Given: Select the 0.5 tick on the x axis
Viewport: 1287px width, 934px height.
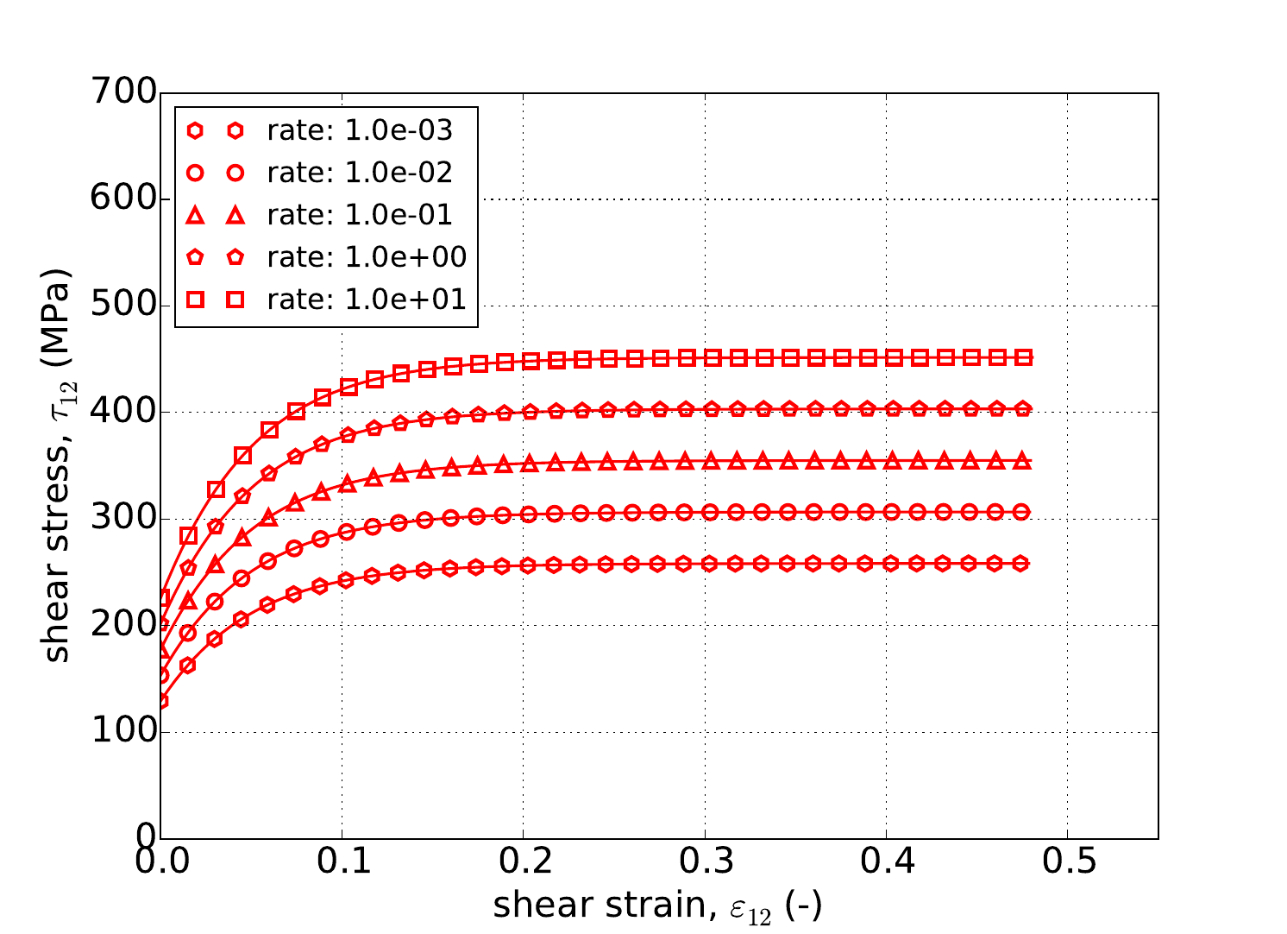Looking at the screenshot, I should pos(1067,861).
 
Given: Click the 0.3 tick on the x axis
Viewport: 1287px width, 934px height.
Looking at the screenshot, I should pos(705,861).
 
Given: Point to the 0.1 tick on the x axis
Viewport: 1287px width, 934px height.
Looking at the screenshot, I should pos(342,861).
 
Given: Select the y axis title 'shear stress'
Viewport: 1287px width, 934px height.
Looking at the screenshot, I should pos(57,466).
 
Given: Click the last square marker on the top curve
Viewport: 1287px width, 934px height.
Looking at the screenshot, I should pos(1024,357).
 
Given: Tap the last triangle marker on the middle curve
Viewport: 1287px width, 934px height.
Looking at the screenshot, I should pos(1024,462).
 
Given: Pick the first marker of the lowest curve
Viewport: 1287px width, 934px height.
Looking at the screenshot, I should pos(161,701).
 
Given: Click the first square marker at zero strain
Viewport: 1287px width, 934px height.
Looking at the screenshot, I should pos(161,597).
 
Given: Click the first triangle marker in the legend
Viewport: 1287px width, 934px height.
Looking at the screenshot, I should pos(196,215).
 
